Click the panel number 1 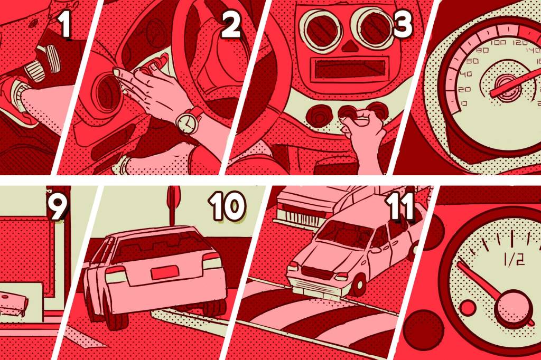(65, 25)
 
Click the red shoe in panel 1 (16, 98)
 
